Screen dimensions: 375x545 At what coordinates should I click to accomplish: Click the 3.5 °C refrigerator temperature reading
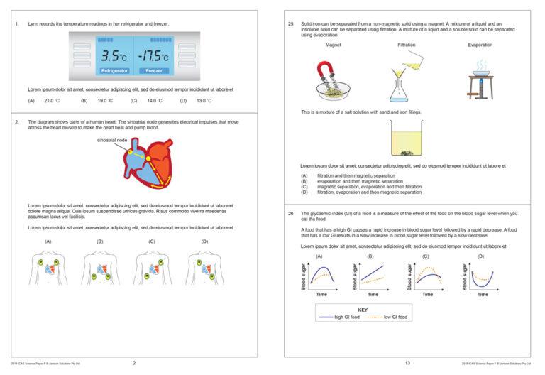[114, 55]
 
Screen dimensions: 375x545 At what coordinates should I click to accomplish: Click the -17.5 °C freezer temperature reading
[153, 55]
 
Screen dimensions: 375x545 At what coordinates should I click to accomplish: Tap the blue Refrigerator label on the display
[114, 71]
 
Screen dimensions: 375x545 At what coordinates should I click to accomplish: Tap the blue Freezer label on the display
[154, 71]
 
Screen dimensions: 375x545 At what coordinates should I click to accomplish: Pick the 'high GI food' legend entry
[346, 317]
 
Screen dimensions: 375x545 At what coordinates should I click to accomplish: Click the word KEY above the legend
[363, 310]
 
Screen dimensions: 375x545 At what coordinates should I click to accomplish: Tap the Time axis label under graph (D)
[483, 293]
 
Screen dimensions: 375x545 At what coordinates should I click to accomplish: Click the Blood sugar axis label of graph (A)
[304, 276]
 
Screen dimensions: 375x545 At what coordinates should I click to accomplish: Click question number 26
[291, 213]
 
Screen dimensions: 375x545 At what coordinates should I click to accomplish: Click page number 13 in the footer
[407, 363]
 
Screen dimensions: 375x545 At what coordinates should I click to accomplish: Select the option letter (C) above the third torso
[152, 241]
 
